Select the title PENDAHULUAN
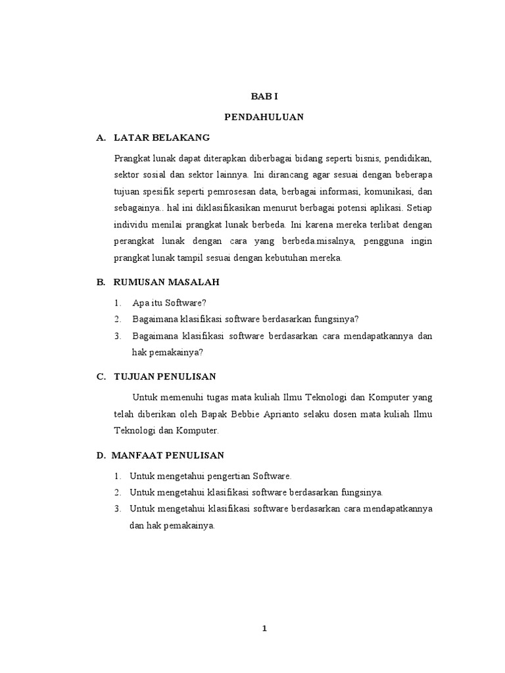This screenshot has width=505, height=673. [x=263, y=117]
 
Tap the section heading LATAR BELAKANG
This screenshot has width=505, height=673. [x=161, y=138]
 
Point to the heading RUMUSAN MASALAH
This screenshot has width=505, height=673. [x=166, y=282]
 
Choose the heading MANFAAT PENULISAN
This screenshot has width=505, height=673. [x=168, y=455]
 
